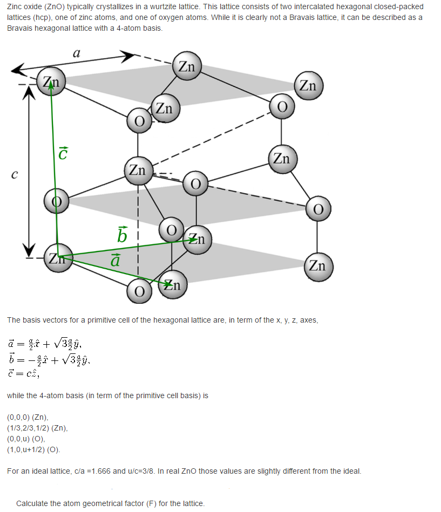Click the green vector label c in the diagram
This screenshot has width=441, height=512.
pyautogui.click(x=63, y=153)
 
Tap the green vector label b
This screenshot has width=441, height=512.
pyautogui.click(x=122, y=235)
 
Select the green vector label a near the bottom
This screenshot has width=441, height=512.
pyautogui.click(x=116, y=260)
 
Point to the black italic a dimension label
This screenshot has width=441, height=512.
pyautogui.click(x=77, y=52)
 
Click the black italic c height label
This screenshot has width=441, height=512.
pyautogui.click(x=15, y=174)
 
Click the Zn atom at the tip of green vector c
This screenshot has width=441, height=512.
pyautogui.click(x=51, y=81)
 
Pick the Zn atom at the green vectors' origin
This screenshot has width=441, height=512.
pyautogui.click(x=58, y=258)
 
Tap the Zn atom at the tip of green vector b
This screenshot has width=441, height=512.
pyautogui.click(x=198, y=240)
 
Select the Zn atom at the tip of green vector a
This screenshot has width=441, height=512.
pyautogui.click(x=173, y=284)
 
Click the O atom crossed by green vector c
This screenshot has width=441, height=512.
pyautogui.click(x=57, y=201)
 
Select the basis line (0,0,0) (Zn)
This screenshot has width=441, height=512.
pyautogui.click(x=28, y=417)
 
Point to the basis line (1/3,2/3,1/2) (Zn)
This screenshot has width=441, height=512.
pyautogui.click(x=38, y=428)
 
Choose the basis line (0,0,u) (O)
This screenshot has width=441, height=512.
pyautogui.click(x=26, y=439)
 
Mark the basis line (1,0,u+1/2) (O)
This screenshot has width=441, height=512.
pyautogui.click(x=33, y=449)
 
